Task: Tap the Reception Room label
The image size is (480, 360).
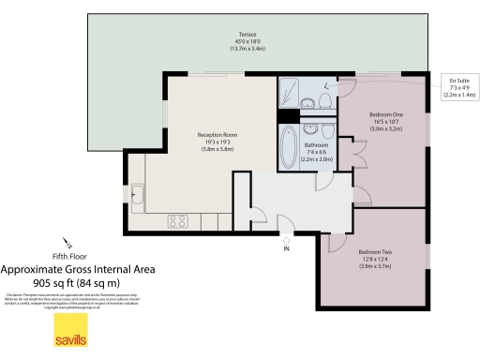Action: [217, 135]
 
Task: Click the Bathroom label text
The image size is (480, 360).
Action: [315, 145]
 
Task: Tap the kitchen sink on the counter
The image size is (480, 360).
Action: [138, 195]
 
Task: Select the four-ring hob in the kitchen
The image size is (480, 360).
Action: [178, 221]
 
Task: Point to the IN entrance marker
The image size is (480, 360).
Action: [287, 248]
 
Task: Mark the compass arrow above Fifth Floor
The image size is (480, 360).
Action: [66, 242]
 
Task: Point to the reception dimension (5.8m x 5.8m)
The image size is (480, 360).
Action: [217, 150]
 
